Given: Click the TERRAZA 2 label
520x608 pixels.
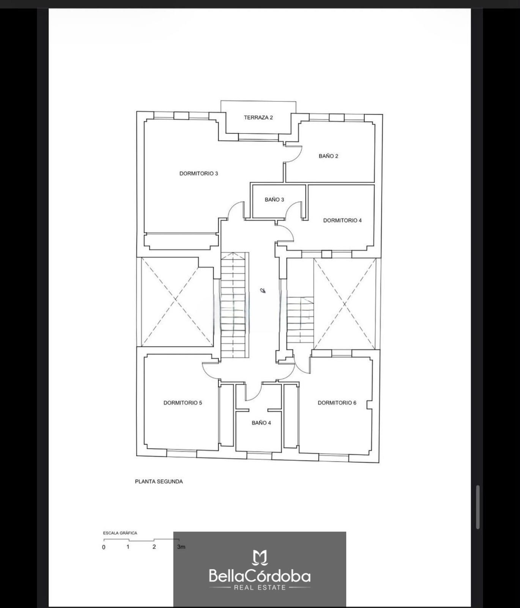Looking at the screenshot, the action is tap(258, 117).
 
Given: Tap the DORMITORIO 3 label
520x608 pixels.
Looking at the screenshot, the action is tap(199, 174).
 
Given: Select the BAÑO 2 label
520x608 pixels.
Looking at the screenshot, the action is tap(328, 156).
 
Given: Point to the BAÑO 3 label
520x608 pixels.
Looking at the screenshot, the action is tap(274, 199).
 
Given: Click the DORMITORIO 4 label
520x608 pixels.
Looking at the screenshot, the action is tap(342, 220).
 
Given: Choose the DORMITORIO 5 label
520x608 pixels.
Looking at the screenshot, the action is tap(183, 403).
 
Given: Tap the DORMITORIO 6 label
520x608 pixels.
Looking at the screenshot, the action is tap(337, 403).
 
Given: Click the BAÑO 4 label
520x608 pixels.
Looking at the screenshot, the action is tap(261, 423).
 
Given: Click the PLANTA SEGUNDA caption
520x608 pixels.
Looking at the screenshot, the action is tap(159, 481).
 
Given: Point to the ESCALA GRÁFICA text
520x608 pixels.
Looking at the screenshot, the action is tap(120, 533).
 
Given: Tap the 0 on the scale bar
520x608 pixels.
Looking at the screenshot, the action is tap(104, 548).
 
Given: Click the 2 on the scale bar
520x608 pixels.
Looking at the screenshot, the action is tap(154, 547).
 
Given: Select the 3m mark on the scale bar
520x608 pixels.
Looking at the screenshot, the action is tap(181, 547).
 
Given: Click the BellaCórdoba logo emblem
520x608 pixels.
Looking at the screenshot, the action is tap(260, 557).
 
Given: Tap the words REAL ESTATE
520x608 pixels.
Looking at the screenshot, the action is tap(260, 587).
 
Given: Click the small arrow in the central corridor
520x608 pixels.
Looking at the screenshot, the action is tap(263, 291).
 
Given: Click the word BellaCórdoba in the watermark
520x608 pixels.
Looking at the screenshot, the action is tap(260, 576).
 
